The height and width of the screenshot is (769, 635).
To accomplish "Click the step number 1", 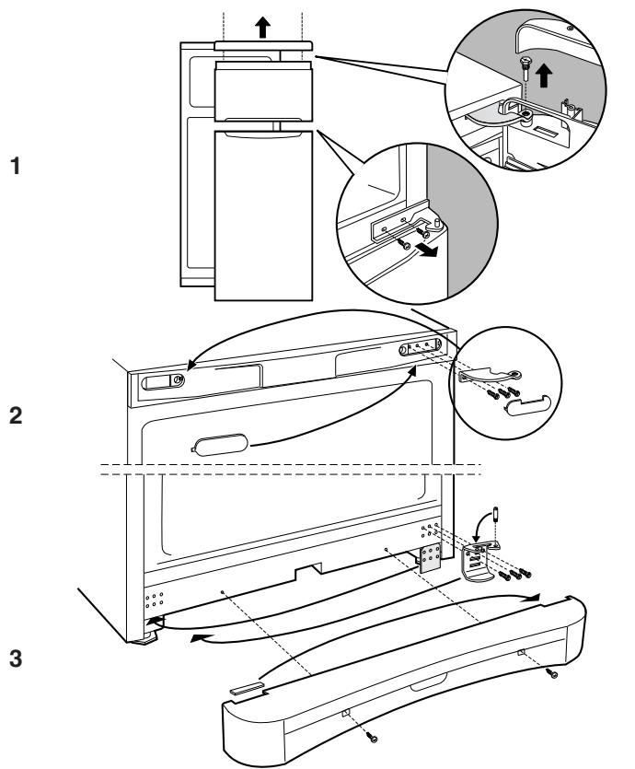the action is click(16, 166).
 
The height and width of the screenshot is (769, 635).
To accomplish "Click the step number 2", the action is click(16, 416).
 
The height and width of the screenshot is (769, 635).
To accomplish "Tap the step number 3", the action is click(16, 658).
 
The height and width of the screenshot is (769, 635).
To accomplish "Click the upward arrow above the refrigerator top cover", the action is click(263, 27).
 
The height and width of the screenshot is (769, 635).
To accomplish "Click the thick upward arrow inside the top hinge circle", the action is click(543, 76).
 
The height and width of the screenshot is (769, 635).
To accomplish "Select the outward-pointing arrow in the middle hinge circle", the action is click(426, 251).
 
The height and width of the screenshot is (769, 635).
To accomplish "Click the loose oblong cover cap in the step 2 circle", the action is click(528, 405).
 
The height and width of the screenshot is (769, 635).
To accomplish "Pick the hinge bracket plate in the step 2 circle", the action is click(490, 376).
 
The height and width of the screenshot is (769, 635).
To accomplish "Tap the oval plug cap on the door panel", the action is click(220, 444).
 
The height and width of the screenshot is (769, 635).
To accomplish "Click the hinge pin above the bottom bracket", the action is click(495, 514).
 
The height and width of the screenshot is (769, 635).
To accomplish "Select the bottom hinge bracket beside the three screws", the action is click(478, 563).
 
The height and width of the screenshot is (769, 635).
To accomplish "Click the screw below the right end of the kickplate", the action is click(553, 674).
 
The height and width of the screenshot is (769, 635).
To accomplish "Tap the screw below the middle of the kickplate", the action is click(373, 736).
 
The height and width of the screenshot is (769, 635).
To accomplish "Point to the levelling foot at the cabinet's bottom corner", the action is click(145, 640).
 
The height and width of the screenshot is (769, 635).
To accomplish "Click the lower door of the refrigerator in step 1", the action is click(263, 216).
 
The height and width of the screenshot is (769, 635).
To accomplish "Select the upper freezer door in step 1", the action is click(263, 91).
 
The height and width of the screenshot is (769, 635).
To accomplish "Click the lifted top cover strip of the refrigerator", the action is click(263, 46).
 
